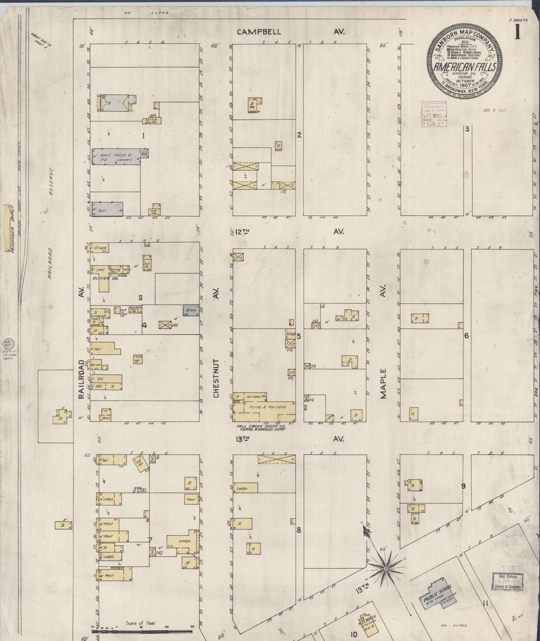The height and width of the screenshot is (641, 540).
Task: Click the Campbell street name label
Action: coord(259,32)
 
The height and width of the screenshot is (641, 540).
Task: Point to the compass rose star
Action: coord(385,569)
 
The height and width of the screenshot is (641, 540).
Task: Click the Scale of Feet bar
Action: coord(142,631)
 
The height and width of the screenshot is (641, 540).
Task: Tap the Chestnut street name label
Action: coord(216,378)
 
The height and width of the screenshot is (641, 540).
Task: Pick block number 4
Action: coord(145,325)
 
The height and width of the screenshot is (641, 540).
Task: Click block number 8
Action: coord(299,530)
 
